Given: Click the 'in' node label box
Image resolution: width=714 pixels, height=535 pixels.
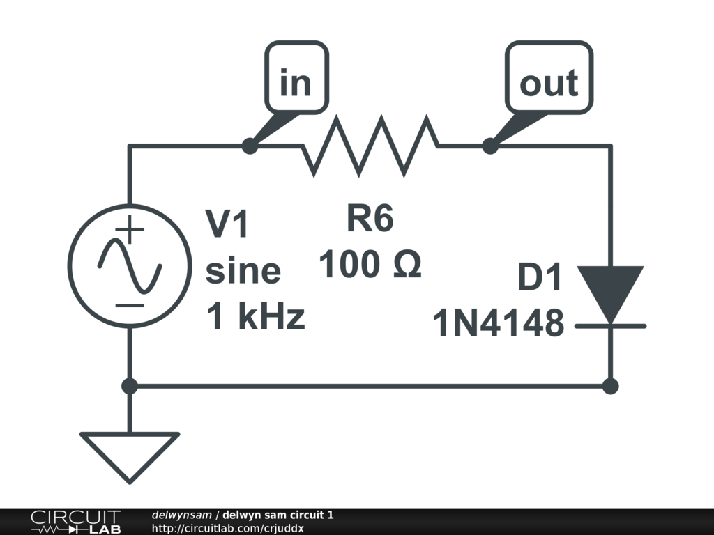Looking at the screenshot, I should tap(296, 82).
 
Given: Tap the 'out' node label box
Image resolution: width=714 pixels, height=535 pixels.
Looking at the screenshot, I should tap(549, 82).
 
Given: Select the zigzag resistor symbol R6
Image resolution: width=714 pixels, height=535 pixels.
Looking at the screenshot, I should tap(370, 146).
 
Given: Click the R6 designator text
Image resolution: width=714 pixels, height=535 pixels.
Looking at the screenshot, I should tap(370, 219).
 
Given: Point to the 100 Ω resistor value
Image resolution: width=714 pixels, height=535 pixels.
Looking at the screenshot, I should tap(370, 265).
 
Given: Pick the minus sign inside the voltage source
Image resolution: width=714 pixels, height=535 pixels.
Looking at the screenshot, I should tap(130, 305).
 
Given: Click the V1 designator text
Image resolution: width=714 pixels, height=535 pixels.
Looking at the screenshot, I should tap(227, 224).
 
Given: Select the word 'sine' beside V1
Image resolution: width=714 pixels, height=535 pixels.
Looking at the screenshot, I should tap(243, 270).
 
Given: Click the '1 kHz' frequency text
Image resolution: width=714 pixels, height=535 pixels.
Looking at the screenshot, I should tap(255, 318).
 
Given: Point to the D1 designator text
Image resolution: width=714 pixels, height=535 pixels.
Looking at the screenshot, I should tap(540, 279).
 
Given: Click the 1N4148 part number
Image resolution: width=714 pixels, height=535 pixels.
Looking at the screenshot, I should tap(499, 325).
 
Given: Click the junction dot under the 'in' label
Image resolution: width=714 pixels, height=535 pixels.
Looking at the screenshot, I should tap(249, 146).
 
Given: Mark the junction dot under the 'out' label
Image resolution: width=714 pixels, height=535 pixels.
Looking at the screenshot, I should tap(490, 146).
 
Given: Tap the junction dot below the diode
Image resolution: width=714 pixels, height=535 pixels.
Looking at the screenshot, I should tap(611, 385).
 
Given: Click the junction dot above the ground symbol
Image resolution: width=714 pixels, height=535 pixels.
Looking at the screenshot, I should tap(130, 385).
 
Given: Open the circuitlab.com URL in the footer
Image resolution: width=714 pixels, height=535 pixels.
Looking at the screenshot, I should tap(227, 528).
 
